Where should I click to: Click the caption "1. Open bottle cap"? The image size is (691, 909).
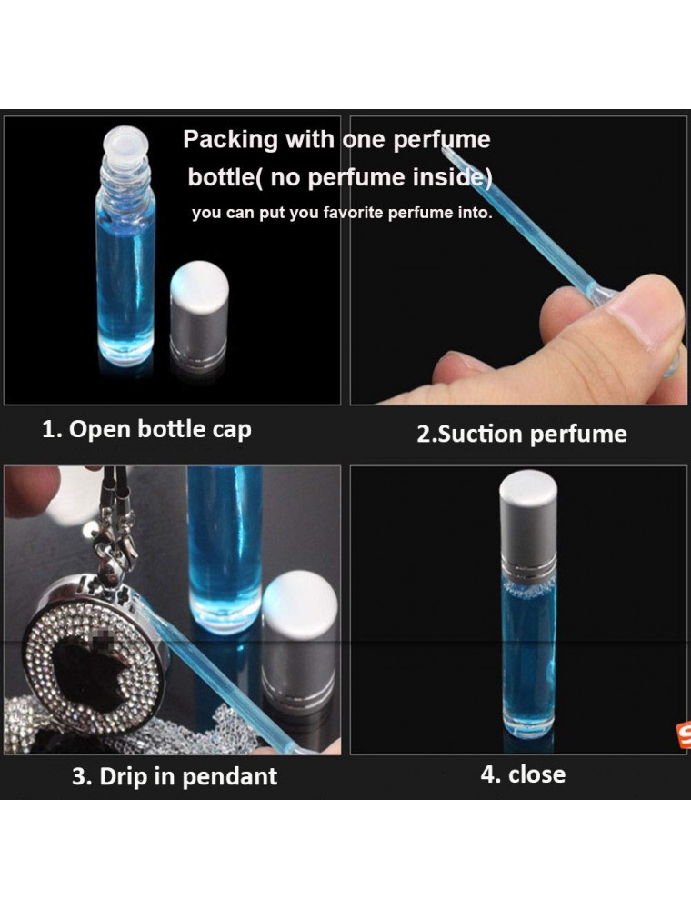click(x=146, y=430)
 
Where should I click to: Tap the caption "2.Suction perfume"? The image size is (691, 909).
click(x=522, y=435)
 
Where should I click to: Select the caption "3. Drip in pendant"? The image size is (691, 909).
click(x=175, y=776)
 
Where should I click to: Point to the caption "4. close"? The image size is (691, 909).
click(x=523, y=774)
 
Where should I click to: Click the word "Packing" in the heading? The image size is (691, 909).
click(x=231, y=140)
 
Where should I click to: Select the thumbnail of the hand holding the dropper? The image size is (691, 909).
click(x=518, y=260)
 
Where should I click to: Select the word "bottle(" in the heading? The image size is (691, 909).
click(x=225, y=177)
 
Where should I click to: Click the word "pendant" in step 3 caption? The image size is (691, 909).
click(x=229, y=777)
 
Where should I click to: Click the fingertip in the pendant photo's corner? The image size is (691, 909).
click(x=30, y=491)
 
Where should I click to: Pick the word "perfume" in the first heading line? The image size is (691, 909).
click(x=442, y=141)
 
